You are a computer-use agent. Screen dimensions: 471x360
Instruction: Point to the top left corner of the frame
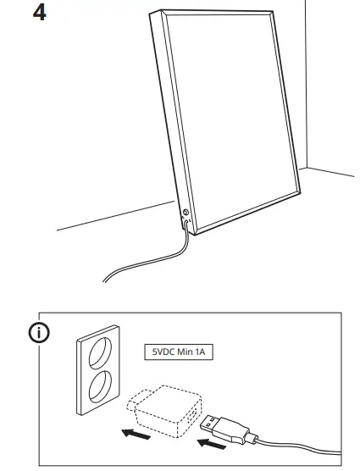click(x=152, y=13)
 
